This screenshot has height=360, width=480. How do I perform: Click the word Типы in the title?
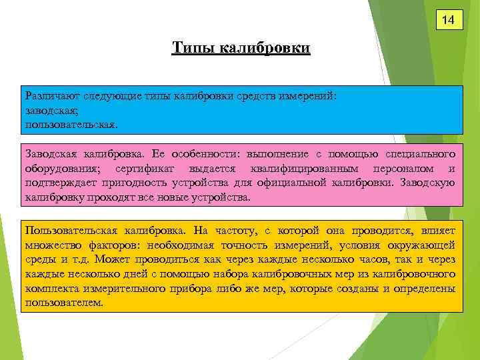point(189,48)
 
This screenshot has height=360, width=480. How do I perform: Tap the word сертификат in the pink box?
point(151,169)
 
